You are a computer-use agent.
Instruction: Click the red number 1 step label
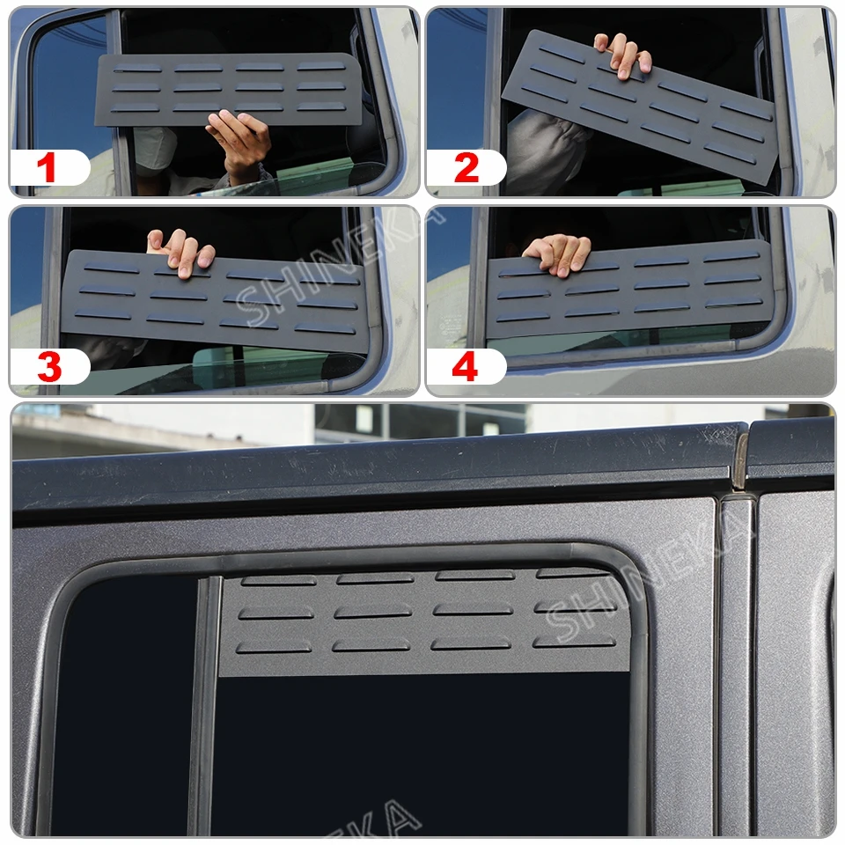[x=47, y=167]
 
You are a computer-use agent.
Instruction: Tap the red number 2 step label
[x=467, y=167]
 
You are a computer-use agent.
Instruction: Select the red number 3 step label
[x=49, y=366]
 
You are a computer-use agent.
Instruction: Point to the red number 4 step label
[x=465, y=366]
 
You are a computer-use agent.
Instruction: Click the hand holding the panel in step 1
[x=239, y=143]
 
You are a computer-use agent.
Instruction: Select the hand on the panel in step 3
[x=181, y=253]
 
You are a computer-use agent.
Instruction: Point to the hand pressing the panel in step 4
[x=557, y=253]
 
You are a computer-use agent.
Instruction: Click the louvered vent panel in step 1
[x=227, y=90]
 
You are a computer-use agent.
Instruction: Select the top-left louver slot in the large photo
[x=279, y=580]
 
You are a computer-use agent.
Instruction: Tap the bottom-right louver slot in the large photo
[x=574, y=642]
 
